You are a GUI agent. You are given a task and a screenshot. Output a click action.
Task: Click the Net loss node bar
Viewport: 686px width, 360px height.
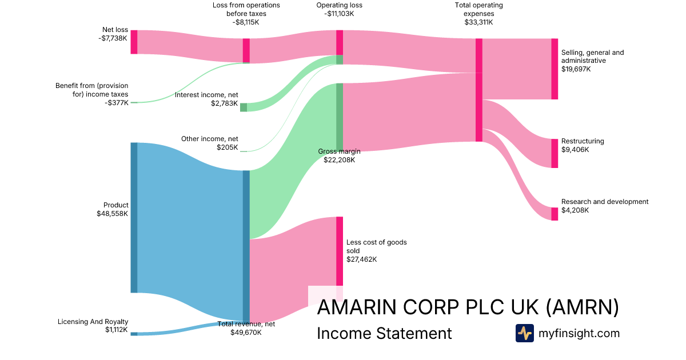click(134, 42)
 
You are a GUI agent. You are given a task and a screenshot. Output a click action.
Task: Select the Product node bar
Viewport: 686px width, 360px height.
click(134, 217)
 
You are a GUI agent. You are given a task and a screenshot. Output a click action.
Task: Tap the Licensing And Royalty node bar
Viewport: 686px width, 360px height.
click(134, 334)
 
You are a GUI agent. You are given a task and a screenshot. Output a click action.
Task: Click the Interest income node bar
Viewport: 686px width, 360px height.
click(244, 107)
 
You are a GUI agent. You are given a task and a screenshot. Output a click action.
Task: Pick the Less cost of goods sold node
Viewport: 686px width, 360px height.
click(340, 251)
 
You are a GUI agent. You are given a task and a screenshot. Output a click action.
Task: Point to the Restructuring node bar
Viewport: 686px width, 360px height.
click(555, 153)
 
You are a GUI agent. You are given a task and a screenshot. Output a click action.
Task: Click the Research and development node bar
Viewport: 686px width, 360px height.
click(555, 214)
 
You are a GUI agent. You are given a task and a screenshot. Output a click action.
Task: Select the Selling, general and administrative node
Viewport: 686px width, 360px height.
click(555, 69)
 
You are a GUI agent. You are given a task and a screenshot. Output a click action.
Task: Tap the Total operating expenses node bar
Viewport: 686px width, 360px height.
click(479, 90)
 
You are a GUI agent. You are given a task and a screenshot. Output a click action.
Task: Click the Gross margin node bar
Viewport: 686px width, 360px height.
click(340, 117)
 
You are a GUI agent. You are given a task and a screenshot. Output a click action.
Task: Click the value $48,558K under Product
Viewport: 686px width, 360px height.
click(113, 214)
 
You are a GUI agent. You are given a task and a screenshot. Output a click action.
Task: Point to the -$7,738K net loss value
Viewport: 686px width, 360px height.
click(113, 38)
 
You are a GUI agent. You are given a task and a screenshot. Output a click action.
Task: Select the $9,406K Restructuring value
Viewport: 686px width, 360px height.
click(575, 150)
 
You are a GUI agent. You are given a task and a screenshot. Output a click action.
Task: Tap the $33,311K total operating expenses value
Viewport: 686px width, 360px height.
click(478, 22)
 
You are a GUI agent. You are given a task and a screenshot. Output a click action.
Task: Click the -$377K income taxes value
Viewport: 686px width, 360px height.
click(117, 103)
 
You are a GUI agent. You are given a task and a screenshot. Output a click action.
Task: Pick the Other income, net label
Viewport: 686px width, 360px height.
click(209, 139)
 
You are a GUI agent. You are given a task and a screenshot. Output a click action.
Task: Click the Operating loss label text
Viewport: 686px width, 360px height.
click(340, 5)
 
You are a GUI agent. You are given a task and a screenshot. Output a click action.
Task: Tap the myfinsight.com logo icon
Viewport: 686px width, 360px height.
click(525, 333)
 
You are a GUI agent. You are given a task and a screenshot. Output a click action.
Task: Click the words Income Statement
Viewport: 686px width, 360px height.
click(384, 333)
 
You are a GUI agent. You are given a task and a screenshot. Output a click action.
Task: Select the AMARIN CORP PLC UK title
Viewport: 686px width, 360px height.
click(428, 307)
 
